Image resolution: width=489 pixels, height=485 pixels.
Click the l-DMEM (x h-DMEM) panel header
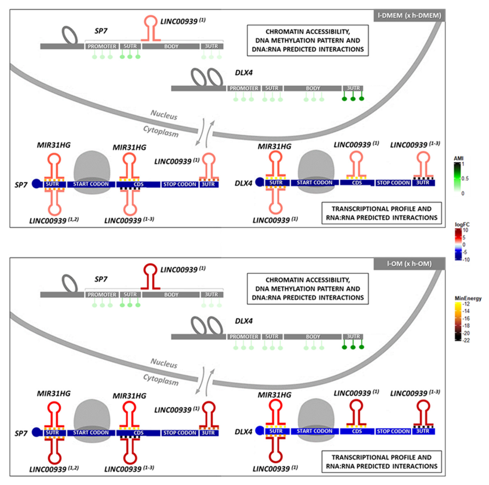click(409, 15)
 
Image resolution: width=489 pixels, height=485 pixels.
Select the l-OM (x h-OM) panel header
click(409, 264)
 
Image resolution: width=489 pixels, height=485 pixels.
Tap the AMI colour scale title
click(458, 158)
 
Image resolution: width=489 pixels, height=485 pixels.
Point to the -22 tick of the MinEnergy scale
click(466, 340)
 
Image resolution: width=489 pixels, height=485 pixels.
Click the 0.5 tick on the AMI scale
click(465, 179)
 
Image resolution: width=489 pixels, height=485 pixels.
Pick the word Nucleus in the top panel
click(164, 115)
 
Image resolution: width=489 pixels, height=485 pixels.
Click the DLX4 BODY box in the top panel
click(313, 88)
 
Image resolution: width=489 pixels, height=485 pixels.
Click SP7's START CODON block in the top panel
click(91, 184)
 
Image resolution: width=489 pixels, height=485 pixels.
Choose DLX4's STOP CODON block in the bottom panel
click(393, 431)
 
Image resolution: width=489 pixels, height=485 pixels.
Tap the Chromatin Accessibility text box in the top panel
click(307, 40)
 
